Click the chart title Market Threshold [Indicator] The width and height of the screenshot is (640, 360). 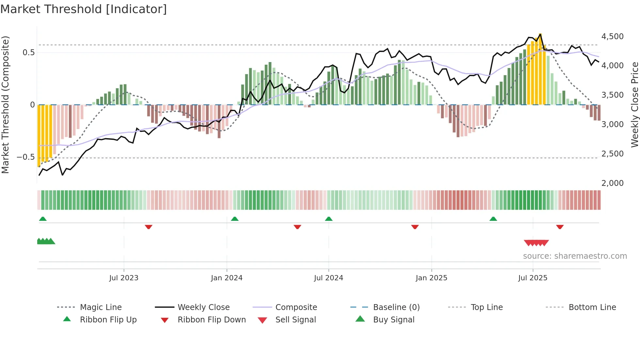(84, 9)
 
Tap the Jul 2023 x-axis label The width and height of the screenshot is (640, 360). (124, 278)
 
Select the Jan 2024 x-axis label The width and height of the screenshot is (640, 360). (227, 278)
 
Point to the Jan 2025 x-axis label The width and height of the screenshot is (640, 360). (431, 278)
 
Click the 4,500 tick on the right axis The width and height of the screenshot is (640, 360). (612, 37)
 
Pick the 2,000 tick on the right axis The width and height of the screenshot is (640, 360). (612, 183)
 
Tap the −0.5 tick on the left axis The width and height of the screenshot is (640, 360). (25, 157)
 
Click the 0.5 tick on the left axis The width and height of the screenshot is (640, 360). (28, 53)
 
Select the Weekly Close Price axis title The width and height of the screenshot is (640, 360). (634, 105)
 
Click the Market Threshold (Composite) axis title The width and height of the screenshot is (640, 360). (5, 105)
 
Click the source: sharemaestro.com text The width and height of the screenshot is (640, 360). (575, 256)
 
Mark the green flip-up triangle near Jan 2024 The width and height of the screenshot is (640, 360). (234, 219)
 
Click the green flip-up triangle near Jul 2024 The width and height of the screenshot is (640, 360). (328, 219)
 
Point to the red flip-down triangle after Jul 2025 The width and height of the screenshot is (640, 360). (560, 227)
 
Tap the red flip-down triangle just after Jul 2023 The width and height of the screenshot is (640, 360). (149, 227)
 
